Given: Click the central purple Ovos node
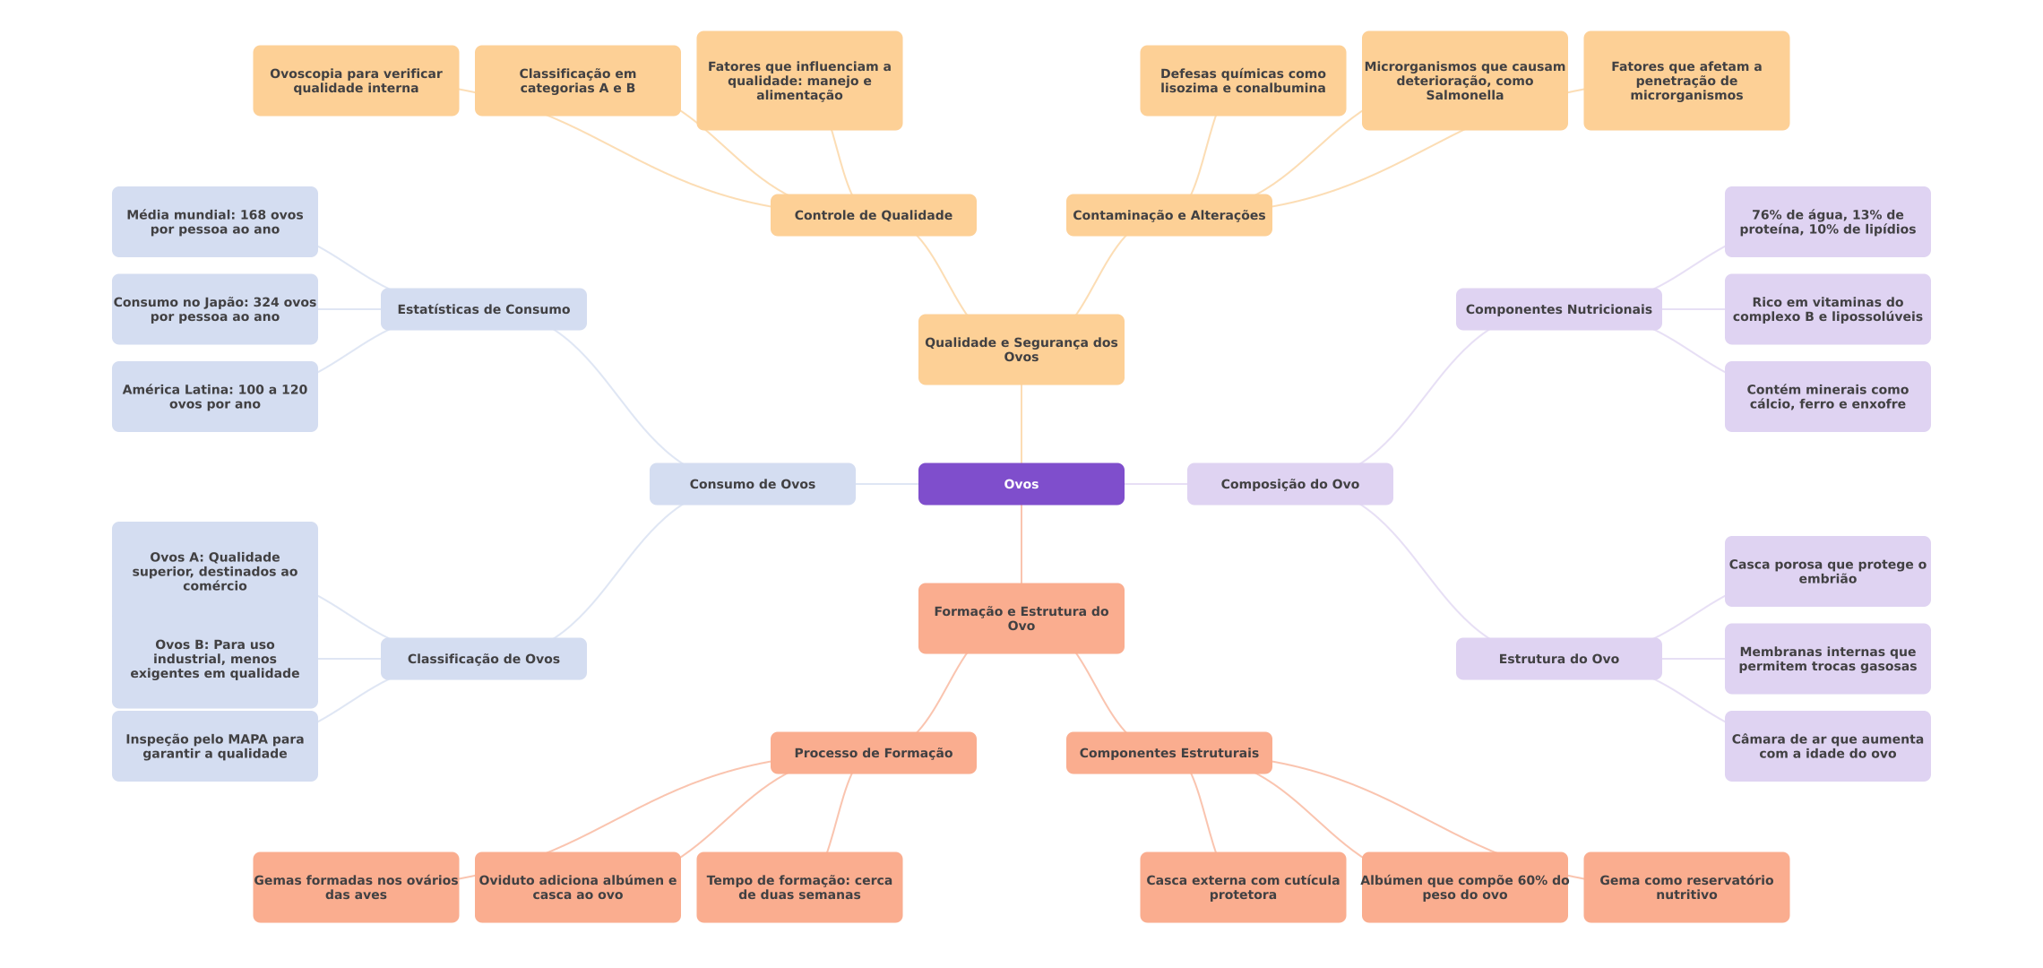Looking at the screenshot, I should (1021, 484).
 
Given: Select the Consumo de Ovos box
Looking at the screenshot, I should (752, 484).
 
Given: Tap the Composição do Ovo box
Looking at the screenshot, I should (1289, 484).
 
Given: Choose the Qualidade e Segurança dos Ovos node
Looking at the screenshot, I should (1021, 350).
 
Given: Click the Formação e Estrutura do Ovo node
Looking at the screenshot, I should (1021, 618).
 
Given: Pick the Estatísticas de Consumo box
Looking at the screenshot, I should (483, 309).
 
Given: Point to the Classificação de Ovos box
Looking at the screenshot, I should (483, 659).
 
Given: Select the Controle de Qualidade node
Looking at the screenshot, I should (873, 215).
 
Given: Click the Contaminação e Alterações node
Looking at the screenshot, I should (1168, 215).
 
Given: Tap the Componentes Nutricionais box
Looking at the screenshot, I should (1558, 309).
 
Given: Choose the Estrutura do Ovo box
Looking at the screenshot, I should (1558, 659).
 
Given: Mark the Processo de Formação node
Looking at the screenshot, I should (873, 753).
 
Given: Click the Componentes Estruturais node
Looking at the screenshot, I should (1168, 753).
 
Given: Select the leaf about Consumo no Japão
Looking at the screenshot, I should (214, 309).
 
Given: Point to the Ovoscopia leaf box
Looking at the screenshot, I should (356, 81).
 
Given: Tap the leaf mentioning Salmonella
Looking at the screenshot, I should (1464, 81).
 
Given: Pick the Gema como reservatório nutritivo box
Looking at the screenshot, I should (1686, 887).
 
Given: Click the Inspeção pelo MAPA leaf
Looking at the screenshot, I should (214, 746).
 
